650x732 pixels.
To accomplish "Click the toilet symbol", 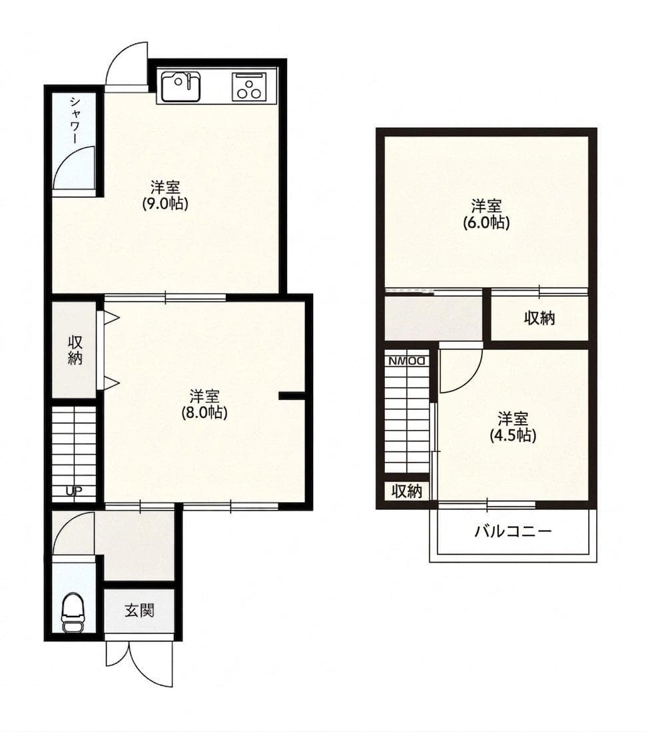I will coord(71,613).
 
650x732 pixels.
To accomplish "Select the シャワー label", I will coord(74,121).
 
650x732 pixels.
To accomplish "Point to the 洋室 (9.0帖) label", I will coord(164,195).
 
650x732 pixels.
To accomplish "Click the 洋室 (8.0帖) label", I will coord(204,404).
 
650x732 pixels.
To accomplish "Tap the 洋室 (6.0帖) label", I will coord(486,214).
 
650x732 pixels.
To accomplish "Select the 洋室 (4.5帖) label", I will coord(513,427).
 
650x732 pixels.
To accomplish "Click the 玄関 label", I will coord(139,610).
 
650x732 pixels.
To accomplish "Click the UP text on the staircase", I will coord(73,492).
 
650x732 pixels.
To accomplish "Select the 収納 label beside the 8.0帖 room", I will coord(75,349).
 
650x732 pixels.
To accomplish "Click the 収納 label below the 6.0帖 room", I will coord(539,319).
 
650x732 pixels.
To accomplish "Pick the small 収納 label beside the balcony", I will coord(406,491).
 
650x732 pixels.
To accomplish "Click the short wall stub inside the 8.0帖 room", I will coord(291,397).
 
